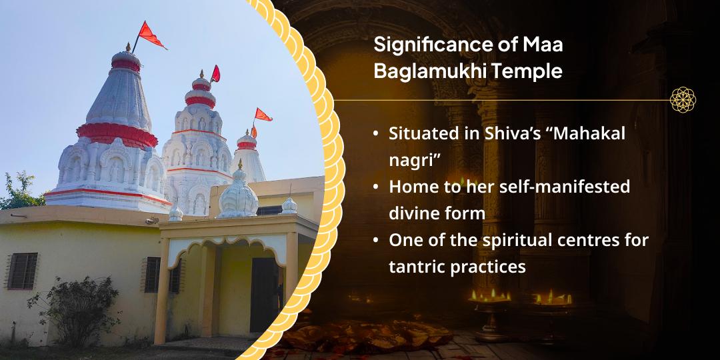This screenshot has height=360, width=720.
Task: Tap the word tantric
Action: click(x=417, y=267)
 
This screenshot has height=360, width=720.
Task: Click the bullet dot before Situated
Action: click(x=376, y=134)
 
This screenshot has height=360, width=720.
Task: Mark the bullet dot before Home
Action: click(x=376, y=187)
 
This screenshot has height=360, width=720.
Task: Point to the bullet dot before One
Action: click(x=376, y=241)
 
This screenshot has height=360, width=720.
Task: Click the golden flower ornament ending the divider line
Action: click(x=683, y=99)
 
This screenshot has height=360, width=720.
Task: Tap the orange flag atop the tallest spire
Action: click(x=151, y=35)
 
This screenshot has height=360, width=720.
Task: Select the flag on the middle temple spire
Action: click(x=215, y=74)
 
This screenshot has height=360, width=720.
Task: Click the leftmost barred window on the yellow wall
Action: click(x=23, y=271)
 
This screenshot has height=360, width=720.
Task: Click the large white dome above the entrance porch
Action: click(x=238, y=196)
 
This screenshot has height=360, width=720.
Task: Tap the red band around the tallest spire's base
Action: click(x=117, y=135)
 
